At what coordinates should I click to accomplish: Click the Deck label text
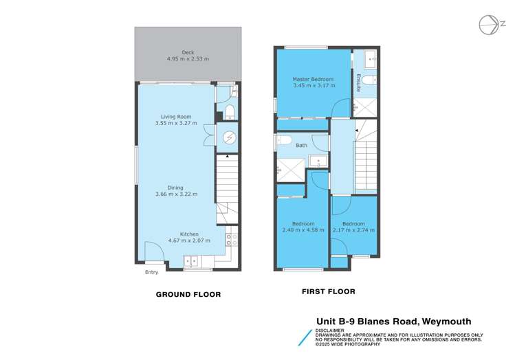coord(188,52)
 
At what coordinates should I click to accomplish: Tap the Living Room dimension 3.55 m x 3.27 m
coord(175,124)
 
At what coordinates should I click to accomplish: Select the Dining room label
coord(175,187)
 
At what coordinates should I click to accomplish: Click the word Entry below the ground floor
coord(151,273)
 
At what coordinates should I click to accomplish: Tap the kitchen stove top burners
coord(231,240)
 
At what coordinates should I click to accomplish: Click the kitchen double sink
coord(193,260)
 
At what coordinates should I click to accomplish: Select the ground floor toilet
coord(230,112)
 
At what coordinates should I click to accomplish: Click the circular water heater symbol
coord(230,137)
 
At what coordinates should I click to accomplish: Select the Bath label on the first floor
coord(302,146)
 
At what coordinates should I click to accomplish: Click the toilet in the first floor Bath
coord(283,141)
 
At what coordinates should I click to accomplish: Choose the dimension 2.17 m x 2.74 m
coord(353,231)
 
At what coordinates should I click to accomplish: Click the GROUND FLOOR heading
coord(188,294)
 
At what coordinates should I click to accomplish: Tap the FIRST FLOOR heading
coord(329,291)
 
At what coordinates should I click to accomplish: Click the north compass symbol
coord(490,25)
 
